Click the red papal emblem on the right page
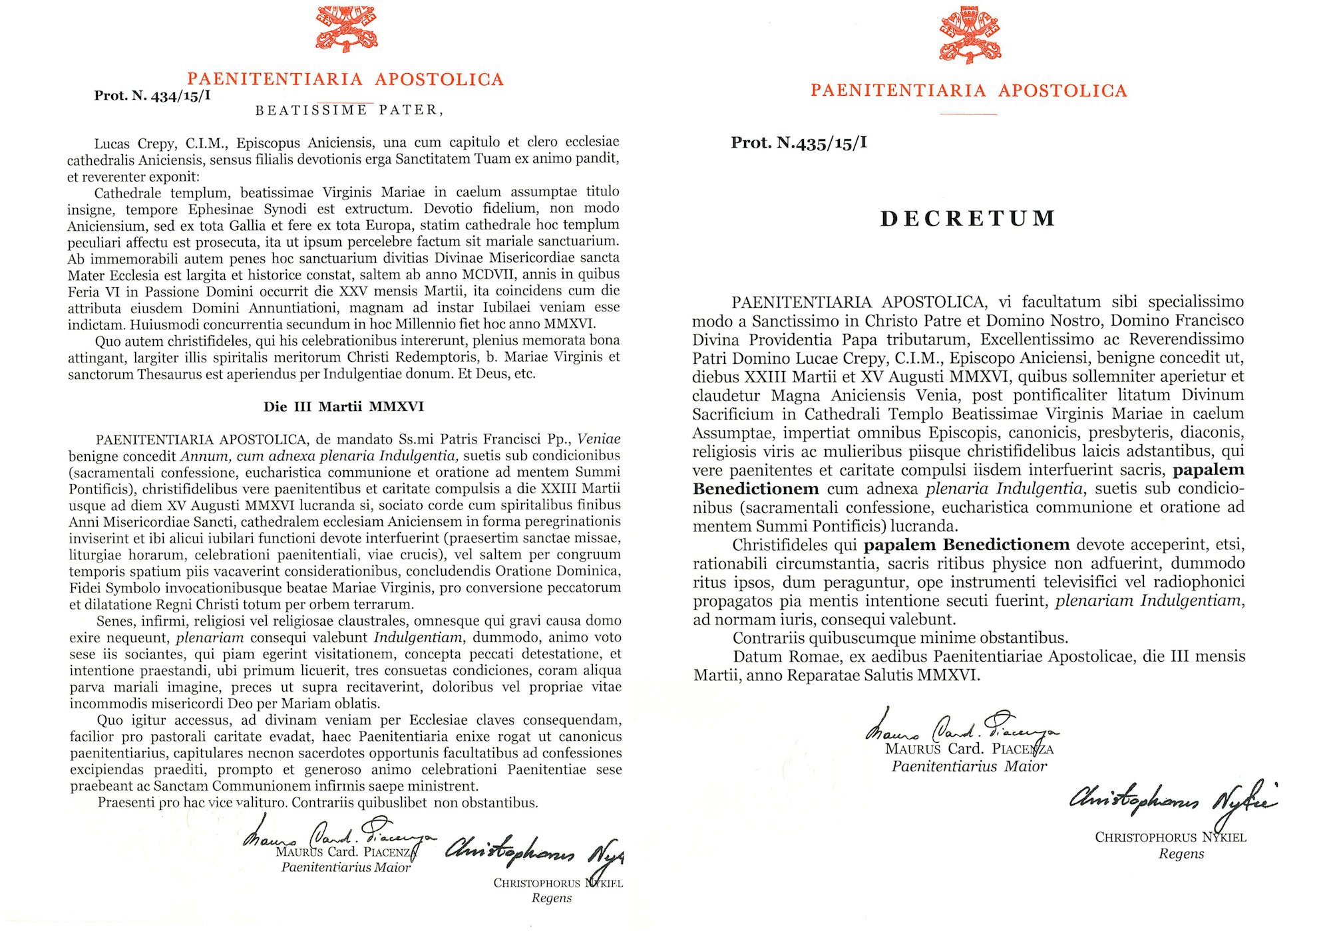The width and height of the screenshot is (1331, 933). pos(970,34)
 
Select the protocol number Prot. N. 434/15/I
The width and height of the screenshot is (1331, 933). pos(152,96)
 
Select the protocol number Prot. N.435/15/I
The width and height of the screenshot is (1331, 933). pos(799,143)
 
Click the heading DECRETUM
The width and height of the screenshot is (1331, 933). pos(968,219)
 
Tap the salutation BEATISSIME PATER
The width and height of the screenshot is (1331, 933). pos(349,110)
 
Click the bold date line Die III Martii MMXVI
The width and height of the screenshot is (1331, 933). pos(343,406)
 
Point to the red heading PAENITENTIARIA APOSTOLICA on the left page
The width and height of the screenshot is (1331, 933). pos(345,80)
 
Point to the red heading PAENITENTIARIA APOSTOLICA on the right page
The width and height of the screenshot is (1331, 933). pos(969,91)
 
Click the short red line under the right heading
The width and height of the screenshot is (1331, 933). pos(968,114)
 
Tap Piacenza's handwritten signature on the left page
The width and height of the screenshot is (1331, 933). pos(339,835)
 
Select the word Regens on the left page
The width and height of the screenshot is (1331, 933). pos(552,898)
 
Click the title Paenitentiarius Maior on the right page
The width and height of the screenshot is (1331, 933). pos(969,767)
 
